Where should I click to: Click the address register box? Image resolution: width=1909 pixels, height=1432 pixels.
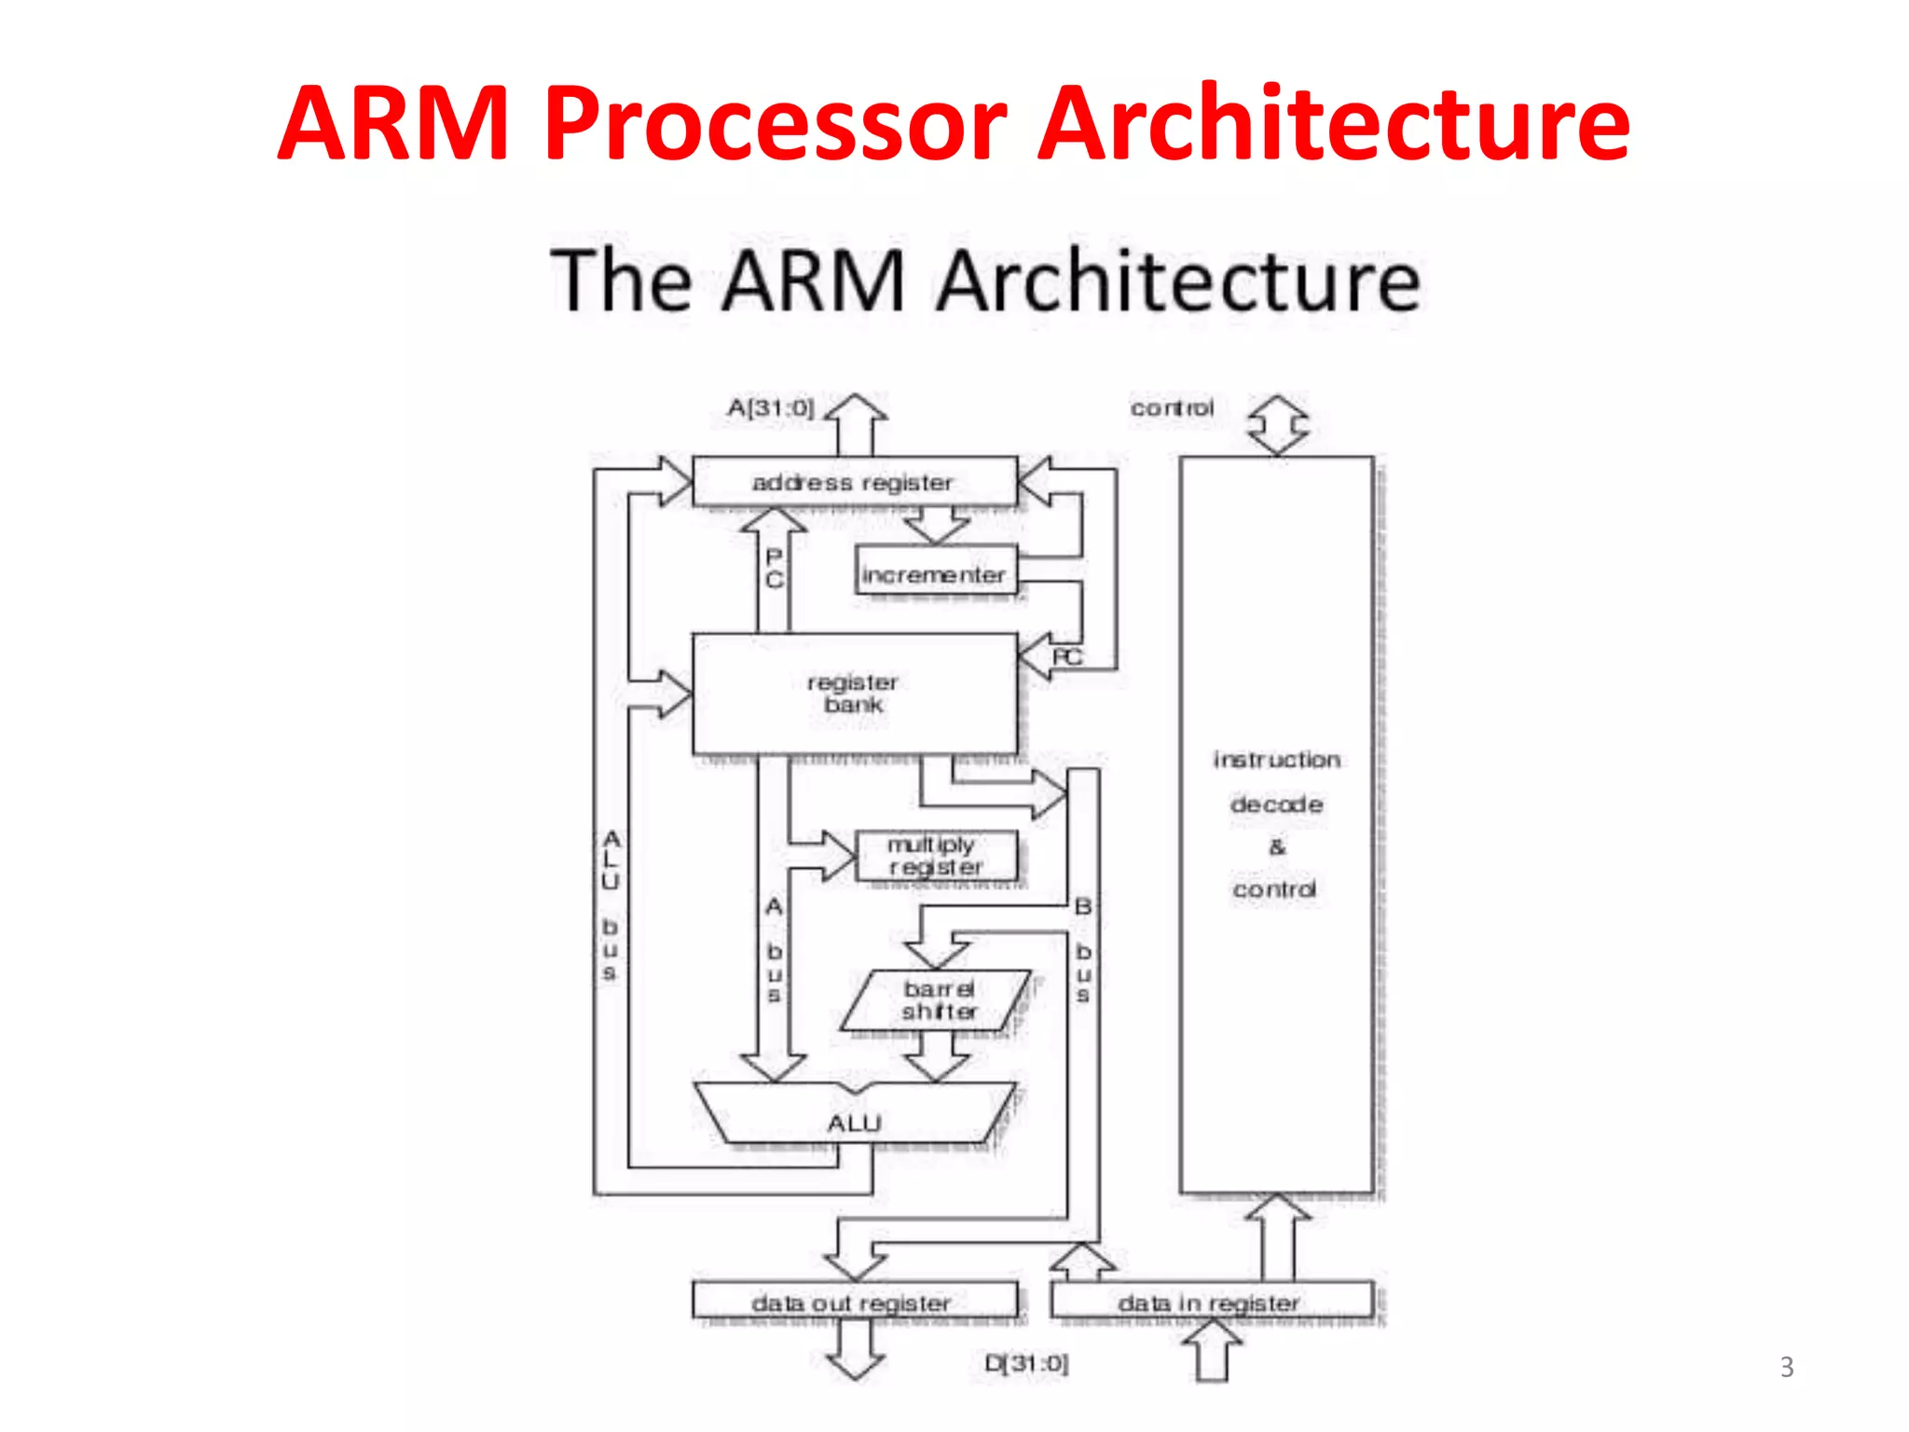pos(854,482)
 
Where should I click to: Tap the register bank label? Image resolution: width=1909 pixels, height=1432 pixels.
pos(853,694)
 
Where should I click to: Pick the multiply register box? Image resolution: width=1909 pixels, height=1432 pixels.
pos(935,856)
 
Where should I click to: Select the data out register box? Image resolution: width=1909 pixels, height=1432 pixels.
pos(854,1301)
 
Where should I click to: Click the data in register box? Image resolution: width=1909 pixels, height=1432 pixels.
pos(1210,1301)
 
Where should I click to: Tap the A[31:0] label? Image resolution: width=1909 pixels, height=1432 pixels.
pos(771,407)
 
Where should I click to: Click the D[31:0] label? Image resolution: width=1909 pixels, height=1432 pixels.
pos(1026,1363)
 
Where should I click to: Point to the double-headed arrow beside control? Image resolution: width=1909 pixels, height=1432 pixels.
pos(1277,424)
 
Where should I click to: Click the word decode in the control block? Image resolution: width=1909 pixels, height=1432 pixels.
pos(1276,804)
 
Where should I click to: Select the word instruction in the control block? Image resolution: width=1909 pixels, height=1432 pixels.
pos(1276,760)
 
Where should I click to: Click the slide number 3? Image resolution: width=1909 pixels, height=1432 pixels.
pos(1786,1367)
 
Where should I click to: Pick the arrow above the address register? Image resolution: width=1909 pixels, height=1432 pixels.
pos(856,424)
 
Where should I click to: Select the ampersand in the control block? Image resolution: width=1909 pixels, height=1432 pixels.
pos(1276,847)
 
